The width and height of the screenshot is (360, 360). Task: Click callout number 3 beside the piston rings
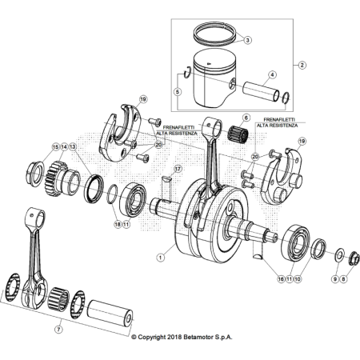[247, 40]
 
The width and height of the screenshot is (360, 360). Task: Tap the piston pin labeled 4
[261, 90]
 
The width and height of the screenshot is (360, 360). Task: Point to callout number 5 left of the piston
[178, 92]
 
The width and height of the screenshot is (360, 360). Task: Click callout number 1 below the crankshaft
[160, 257]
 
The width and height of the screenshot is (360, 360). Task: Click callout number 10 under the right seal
[298, 279]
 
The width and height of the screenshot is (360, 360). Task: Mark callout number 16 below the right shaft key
[280, 279]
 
